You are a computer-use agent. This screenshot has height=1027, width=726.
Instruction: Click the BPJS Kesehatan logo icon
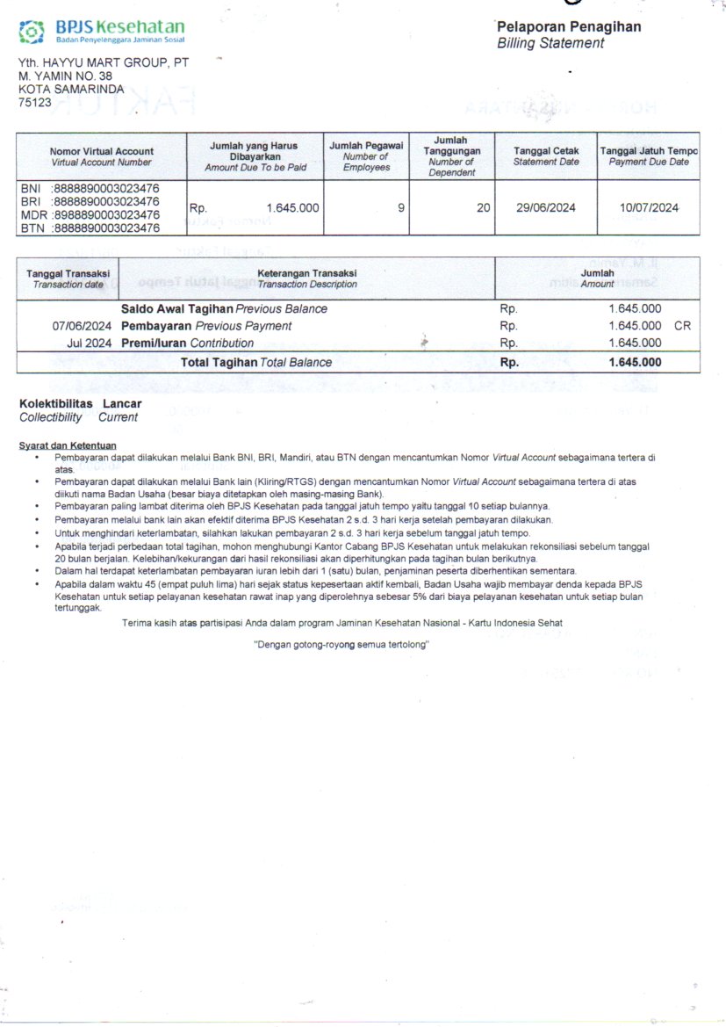(x=32, y=33)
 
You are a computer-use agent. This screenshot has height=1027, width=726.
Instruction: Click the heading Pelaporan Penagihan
(x=568, y=26)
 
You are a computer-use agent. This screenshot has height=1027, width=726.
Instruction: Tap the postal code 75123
(x=35, y=102)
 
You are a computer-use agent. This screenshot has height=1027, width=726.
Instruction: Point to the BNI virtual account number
(x=106, y=188)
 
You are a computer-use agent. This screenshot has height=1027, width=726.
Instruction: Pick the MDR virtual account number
(x=106, y=214)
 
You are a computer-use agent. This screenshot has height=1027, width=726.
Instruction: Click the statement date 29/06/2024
(x=545, y=208)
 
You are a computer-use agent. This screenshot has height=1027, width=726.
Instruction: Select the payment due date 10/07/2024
(x=649, y=208)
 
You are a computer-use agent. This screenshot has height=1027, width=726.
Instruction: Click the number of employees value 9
(x=401, y=208)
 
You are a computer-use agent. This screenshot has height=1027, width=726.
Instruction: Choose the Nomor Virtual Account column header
(x=101, y=151)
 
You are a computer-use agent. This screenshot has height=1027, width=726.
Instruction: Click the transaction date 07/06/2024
(x=82, y=326)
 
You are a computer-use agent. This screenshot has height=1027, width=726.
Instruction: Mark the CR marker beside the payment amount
(x=683, y=326)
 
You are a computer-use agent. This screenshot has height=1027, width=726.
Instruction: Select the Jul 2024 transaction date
(x=89, y=343)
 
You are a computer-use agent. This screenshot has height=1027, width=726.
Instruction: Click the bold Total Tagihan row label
(x=219, y=362)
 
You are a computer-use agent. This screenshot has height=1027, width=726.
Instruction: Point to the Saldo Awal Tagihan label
(x=176, y=309)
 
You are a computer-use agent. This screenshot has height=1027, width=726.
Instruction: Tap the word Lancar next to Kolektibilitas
(x=122, y=402)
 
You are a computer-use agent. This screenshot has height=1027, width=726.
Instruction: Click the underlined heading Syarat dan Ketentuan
(x=68, y=445)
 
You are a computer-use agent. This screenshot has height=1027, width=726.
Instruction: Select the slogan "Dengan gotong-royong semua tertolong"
(x=341, y=644)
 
